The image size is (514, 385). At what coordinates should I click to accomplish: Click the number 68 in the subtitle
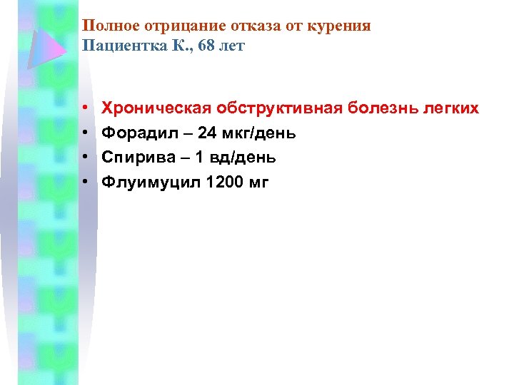(209, 46)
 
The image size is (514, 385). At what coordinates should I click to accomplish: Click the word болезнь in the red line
(385, 108)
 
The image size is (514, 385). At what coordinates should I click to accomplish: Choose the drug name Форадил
(136, 133)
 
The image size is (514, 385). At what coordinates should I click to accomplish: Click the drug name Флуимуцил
(150, 183)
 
